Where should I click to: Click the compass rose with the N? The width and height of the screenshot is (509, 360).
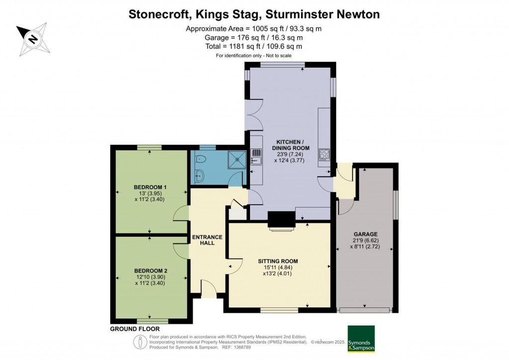click(x=33, y=39)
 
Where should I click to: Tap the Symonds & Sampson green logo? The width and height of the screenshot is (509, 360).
click(x=361, y=339)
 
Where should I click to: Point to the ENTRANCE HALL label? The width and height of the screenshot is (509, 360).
click(x=207, y=240)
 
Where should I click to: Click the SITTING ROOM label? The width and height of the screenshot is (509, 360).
click(x=278, y=262)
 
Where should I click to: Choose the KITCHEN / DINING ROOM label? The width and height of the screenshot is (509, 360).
click(x=290, y=145)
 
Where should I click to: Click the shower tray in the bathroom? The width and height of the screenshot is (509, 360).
click(x=238, y=160)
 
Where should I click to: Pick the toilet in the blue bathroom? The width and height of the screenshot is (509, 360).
click(x=200, y=159)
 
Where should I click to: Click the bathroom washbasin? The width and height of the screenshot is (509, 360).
click(x=199, y=176)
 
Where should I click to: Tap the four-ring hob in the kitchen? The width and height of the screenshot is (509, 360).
click(x=324, y=155)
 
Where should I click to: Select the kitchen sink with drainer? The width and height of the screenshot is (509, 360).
click(x=256, y=157)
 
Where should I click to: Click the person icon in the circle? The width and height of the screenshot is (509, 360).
click(x=140, y=342)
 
